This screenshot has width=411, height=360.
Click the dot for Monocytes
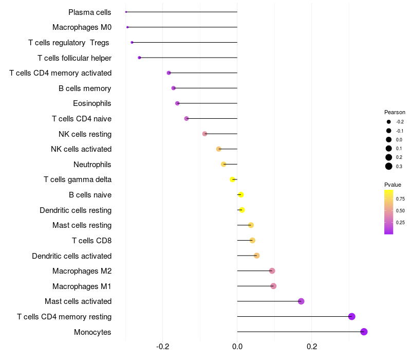click(x=364, y=332)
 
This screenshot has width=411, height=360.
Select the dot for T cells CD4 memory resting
click(x=352, y=316)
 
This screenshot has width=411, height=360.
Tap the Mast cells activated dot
click(x=301, y=301)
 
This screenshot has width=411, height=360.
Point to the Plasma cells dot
click(x=126, y=12)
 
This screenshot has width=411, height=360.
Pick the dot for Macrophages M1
click(x=273, y=286)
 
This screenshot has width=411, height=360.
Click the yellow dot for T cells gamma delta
click(x=233, y=179)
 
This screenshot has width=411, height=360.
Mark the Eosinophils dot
click(x=177, y=103)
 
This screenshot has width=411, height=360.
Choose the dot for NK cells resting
click(x=205, y=134)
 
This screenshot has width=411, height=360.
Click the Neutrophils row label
click(x=92, y=165)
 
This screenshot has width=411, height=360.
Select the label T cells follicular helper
click(x=74, y=58)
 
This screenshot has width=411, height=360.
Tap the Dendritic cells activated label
click(x=71, y=256)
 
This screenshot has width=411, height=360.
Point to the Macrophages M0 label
click(x=82, y=27)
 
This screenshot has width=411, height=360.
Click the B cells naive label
click(x=90, y=195)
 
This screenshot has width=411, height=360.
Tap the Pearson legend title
click(x=395, y=112)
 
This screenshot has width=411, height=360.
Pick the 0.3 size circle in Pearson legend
click(x=389, y=166)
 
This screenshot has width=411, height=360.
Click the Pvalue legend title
click(x=393, y=185)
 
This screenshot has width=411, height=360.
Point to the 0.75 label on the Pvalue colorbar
click(x=400, y=199)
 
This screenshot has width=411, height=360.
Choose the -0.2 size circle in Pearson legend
click(x=389, y=122)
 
